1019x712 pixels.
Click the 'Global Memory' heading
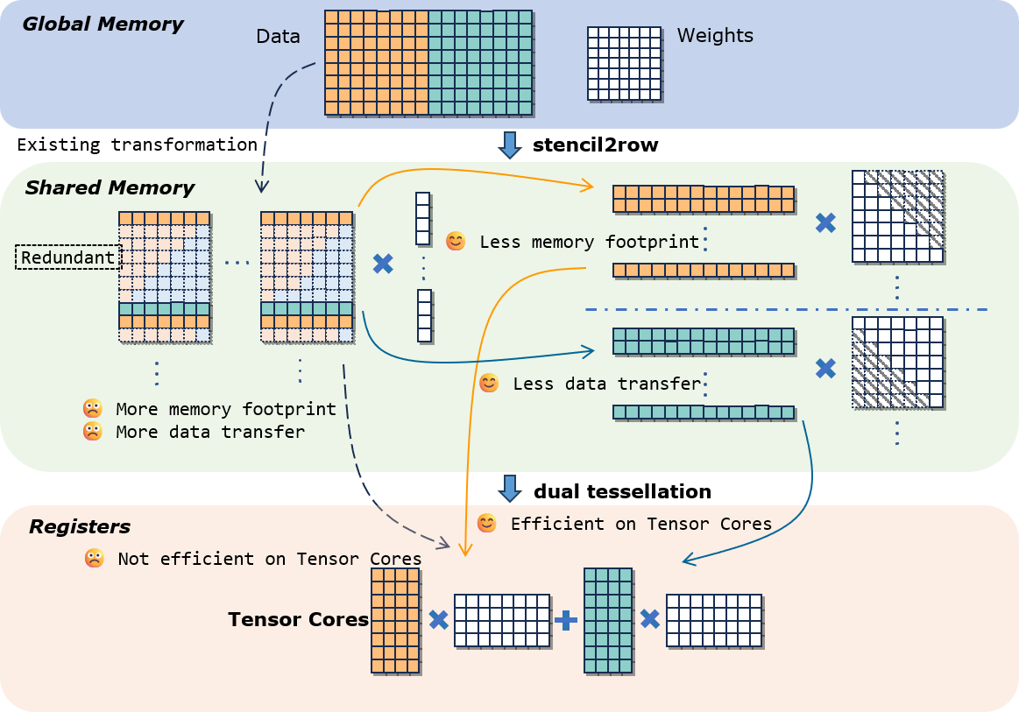pos(103,24)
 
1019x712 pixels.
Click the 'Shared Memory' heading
pos(110,187)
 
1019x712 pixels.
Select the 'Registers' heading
pos(80,526)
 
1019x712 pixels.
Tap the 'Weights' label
pos(715,36)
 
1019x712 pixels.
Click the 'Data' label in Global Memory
pos(278,37)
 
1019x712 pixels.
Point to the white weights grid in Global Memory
pos(624,63)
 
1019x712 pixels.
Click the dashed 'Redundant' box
pos(68,257)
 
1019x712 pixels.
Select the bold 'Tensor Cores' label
pos(298,619)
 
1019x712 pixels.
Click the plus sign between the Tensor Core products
pos(566,620)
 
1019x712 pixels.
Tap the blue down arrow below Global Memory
pos(510,145)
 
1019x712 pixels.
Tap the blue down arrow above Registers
pos(510,489)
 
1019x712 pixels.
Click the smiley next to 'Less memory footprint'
pos(456,242)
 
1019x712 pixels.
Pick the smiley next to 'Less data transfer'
pos(489,384)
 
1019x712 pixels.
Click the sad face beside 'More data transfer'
pos(92,432)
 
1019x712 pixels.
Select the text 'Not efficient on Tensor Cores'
pos(270,559)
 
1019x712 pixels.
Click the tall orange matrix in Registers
pos(395,620)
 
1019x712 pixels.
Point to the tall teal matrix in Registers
pos(608,620)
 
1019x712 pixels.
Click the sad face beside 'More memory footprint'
pos(92,409)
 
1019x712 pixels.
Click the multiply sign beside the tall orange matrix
pos(438,620)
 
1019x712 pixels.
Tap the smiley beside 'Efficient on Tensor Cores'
pos(487,524)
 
